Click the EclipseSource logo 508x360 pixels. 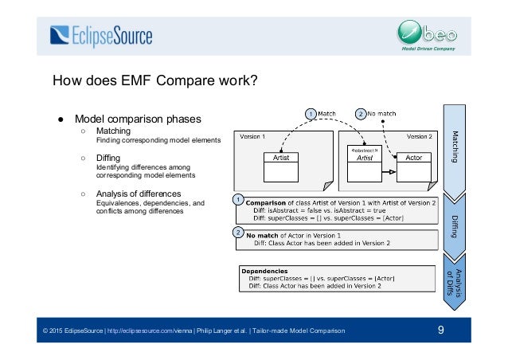click(x=100, y=35)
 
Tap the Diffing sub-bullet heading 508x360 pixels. click(x=109, y=158)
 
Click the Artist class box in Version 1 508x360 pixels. click(x=281, y=158)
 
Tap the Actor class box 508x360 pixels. click(x=413, y=158)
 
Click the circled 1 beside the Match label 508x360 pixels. click(x=311, y=114)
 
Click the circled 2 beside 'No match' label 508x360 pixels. click(x=361, y=114)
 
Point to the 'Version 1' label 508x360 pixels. click(x=253, y=136)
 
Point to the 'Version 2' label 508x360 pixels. click(x=419, y=136)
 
